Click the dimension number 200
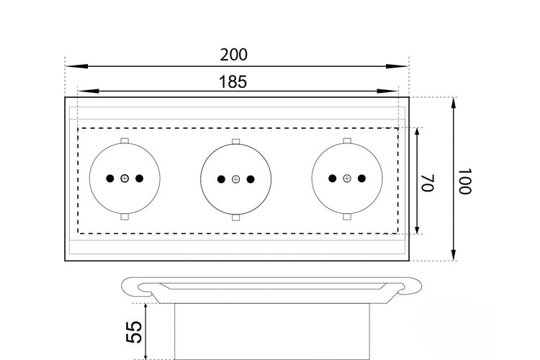pyautogui.click(x=233, y=55)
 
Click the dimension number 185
pyautogui.click(x=233, y=82)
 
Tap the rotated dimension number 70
pyautogui.click(x=428, y=183)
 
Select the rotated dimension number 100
pyautogui.click(x=464, y=181)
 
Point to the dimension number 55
pyautogui.click(x=134, y=332)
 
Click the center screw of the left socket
pyautogui.click(x=125, y=179)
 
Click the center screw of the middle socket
pyautogui.click(x=235, y=179)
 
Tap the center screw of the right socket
pyautogui.click(x=347, y=179)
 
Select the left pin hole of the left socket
pyautogui.click(x=110, y=179)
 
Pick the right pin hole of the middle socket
pyautogui.click(x=251, y=179)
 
